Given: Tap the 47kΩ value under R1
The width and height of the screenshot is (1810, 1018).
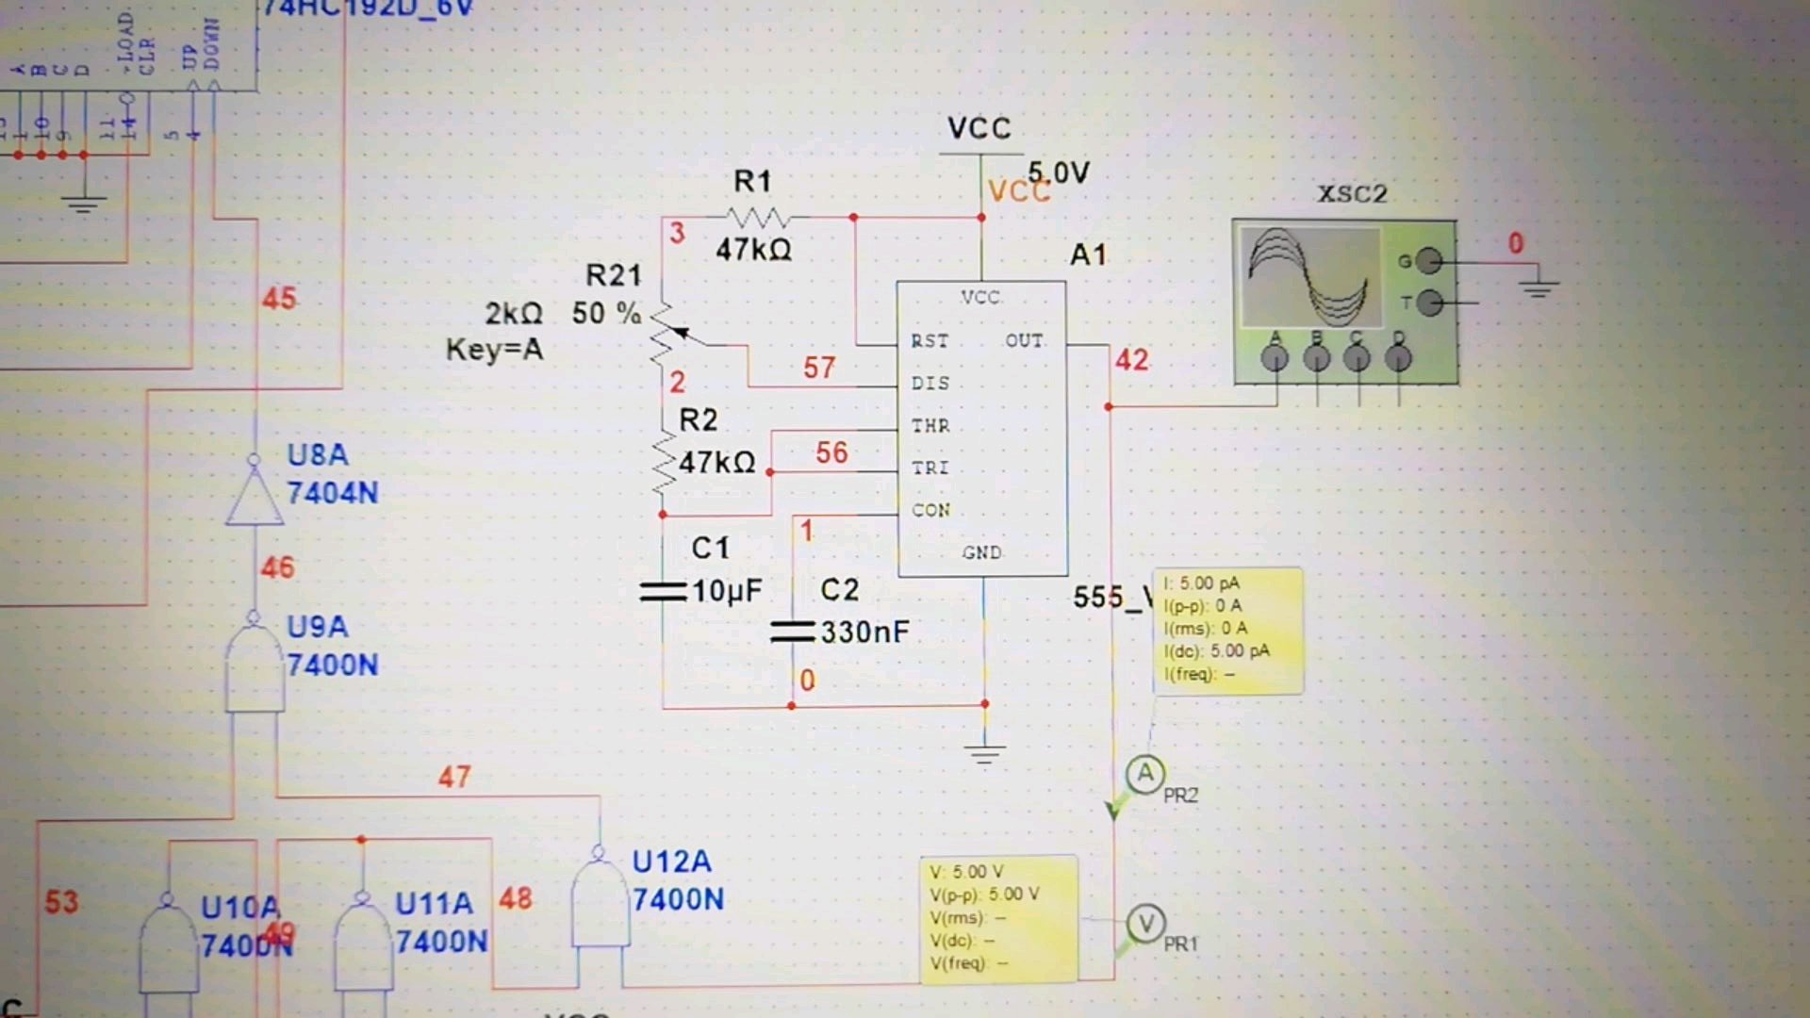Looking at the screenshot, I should [753, 250].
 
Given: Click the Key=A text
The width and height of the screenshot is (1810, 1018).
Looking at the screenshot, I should [494, 350].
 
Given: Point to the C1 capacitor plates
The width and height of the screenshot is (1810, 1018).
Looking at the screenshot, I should [663, 592].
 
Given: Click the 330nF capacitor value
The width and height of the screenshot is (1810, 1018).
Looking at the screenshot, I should [864, 632].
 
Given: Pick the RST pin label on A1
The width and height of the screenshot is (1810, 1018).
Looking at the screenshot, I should [930, 341].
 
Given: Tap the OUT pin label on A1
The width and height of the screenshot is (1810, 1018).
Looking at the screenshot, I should [1024, 341].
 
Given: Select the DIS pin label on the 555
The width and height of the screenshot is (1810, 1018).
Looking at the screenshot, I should [930, 384].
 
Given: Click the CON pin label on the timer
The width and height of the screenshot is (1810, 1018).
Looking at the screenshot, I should [930, 510].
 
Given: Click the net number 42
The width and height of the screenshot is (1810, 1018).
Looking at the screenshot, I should [1132, 360].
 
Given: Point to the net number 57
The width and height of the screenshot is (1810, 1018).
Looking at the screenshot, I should [819, 368].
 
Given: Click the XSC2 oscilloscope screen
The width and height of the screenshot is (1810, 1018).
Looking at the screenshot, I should [1309, 277].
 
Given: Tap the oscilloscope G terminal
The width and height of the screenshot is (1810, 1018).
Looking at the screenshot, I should [1429, 260].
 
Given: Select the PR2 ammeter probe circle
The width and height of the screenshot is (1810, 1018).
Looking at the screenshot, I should [1145, 775].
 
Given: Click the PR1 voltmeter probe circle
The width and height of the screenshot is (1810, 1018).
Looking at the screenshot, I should [1146, 924].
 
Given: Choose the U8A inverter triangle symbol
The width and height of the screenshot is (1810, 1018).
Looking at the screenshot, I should [255, 497].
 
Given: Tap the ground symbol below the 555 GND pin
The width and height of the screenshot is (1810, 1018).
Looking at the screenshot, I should [984, 754].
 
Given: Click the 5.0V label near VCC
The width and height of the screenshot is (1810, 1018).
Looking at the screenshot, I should [1059, 173].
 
